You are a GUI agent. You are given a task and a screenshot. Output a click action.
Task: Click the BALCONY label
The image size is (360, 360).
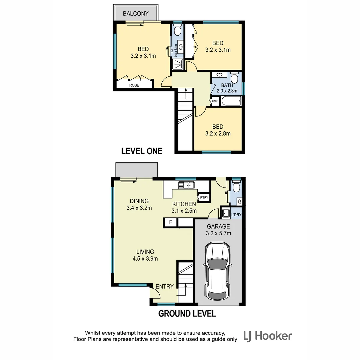(x=135, y=14)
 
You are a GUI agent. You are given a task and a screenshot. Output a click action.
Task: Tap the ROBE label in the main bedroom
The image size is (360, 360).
(x=134, y=85)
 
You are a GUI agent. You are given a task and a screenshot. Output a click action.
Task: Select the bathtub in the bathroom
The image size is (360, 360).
(x=231, y=101)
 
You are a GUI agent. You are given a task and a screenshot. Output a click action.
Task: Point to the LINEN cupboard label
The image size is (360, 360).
(x=215, y=101)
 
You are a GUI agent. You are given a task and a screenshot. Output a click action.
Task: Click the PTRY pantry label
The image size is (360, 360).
(x=204, y=198)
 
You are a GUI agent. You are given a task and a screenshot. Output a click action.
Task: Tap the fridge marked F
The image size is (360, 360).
(x=171, y=222)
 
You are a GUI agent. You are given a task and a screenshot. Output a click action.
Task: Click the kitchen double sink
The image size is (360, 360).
(x=186, y=185)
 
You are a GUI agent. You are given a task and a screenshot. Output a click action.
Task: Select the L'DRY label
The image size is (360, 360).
(x=236, y=215)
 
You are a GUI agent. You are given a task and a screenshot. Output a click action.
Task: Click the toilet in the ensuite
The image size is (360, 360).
(x=178, y=31)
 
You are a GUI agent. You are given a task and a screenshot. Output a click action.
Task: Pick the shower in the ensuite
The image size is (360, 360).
(x=178, y=64)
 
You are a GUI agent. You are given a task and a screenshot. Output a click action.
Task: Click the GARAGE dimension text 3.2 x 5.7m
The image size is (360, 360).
(x=218, y=233)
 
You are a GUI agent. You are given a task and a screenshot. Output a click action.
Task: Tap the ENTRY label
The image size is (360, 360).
(x=165, y=286)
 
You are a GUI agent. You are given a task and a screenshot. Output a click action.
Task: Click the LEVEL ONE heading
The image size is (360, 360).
(x=142, y=151)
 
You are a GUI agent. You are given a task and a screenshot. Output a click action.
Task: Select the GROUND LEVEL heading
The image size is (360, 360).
(x=187, y=313)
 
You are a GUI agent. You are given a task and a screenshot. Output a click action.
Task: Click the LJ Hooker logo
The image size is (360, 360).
(x=268, y=336)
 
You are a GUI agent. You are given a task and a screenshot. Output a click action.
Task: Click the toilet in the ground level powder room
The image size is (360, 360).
(x=236, y=187)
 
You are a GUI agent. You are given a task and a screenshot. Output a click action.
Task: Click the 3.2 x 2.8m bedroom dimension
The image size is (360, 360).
(x=218, y=133)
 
